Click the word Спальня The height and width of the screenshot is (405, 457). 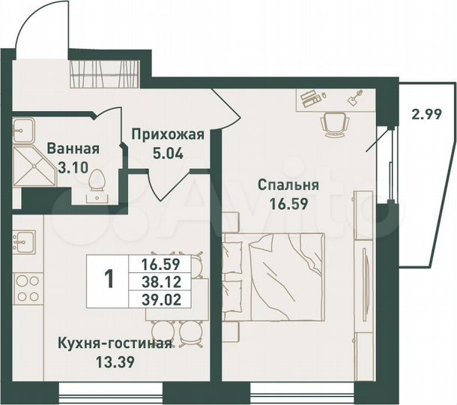(288, 185)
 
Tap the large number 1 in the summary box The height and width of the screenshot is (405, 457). (109, 280)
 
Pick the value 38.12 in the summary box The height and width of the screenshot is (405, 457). (164, 281)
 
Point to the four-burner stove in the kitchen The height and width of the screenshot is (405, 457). (28, 289)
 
